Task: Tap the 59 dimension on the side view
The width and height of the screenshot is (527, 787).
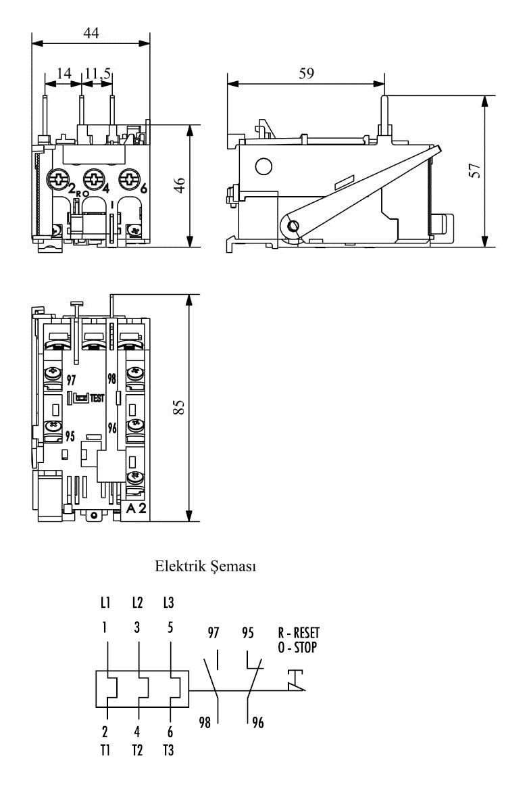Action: click(x=306, y=74)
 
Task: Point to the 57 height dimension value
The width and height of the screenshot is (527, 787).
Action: click(x=475, y=170)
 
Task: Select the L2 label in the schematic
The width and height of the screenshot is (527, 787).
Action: click(x=138, y=602)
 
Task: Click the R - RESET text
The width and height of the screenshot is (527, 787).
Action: click(x=299, y=634)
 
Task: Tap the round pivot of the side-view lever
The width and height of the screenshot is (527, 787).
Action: click(x=292, y=226)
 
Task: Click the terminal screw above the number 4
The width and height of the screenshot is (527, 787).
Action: click(x=93, y=179)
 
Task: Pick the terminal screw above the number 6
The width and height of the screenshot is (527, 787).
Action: click(x=128, y=179)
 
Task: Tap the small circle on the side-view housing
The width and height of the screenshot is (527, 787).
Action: click(x=263, y=166)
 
